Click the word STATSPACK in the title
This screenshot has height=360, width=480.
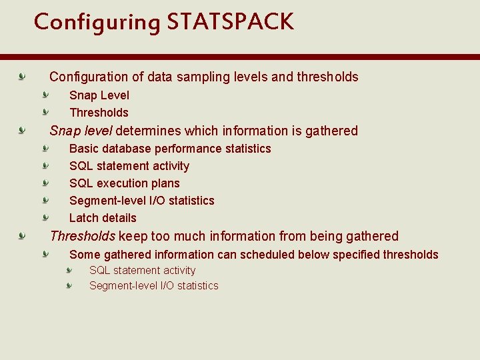tap(230, 22)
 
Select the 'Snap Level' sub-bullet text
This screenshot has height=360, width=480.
tap(99, 95)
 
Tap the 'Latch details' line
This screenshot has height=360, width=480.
tap(103, 218)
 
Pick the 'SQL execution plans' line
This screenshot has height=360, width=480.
tap(125, 183)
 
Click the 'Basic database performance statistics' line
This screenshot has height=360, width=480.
tap(170, 149)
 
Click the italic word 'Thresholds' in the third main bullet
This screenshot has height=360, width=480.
tap(83, 236)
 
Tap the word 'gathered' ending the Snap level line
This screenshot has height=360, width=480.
tap(331, 131)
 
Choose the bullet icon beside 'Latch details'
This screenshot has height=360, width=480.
tap(46, 217)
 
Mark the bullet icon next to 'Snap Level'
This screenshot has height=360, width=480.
tap(46, 95)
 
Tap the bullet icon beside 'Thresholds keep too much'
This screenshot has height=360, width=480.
tap(23, 235)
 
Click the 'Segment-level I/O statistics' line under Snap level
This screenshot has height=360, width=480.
tap(142, 201)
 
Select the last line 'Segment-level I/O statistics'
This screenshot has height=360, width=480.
tap(154, 286)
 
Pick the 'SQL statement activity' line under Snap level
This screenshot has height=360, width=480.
tap(129, 166)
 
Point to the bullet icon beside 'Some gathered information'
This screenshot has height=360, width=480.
tap(46, 254)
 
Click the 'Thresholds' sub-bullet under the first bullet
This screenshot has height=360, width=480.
tap(99, 113)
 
